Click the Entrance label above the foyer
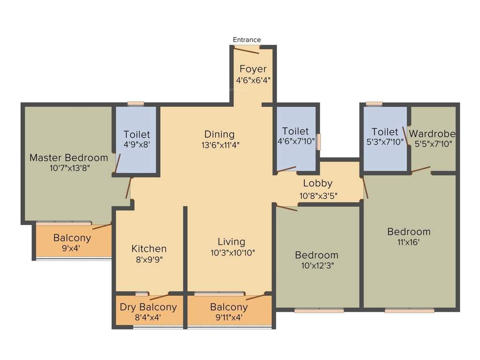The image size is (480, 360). (x=247, y=40)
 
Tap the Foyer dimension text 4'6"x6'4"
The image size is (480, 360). (x=253, y=80)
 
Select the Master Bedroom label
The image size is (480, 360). (x=68, y=157)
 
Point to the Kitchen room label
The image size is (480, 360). (x=149, y=248)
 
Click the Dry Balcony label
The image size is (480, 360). (x=148, y=307)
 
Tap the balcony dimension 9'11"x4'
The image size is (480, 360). (x=229, y=318)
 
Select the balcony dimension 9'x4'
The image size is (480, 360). (x=72, y=248)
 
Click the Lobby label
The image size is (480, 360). (x=317, y=183)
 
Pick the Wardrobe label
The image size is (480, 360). (x=432, y=133)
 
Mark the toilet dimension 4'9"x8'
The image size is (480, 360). (x=137, y=145)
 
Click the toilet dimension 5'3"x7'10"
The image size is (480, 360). (x=384, y=142)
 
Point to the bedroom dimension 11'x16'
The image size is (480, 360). (x=409, y=242)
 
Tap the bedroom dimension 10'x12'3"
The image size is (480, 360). (x=316, y=265)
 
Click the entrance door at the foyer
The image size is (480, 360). (x=247, y=50)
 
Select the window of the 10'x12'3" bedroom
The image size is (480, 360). (x=319, y=310)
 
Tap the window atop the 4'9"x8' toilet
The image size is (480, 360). (x=135, y=104)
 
